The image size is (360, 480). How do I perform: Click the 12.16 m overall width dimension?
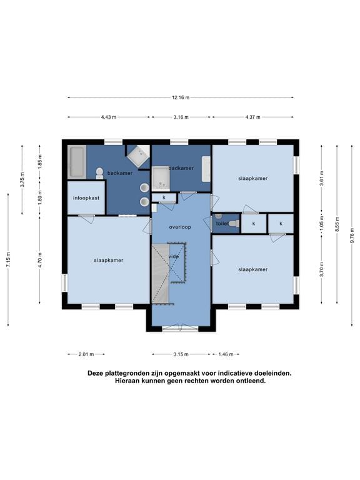tap(181, 97)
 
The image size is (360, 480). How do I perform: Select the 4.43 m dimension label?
tap(109, 117)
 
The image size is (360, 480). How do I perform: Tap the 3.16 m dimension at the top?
tap(181, 117)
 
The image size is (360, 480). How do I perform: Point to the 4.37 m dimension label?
tap(253, 117)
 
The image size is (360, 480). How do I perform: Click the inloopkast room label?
tap(86, 198)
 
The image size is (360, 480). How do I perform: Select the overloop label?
tap(180, 227)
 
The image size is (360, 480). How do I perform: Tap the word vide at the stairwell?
tap(174, 256)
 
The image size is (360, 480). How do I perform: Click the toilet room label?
tap(222, 224)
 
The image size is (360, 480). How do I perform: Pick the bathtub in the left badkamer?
tap(76, 162)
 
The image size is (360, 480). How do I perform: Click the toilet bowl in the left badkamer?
tap(99, 173)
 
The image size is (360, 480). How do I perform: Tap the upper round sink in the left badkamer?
tap(144, 187)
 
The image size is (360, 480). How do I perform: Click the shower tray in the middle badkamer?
tap(161, 179)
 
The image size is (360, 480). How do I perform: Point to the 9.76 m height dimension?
tap(352, 235)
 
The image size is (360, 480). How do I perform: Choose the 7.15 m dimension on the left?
tap(8, 259)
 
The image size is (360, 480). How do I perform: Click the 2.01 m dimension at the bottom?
tap(86, 354)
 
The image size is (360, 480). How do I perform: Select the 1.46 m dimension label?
tap(226, 354)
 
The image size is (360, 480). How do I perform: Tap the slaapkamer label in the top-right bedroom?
tap(253, 178)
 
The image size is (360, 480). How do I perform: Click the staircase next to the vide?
tap(161, 273)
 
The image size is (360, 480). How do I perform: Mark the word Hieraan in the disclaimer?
tap(126, 381)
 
